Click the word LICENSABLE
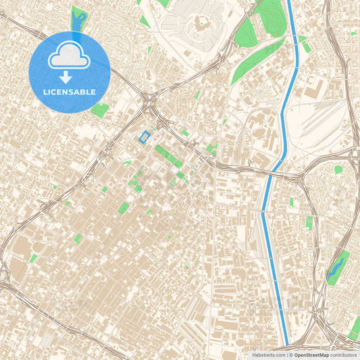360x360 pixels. coord(69,92)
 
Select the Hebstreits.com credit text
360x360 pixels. coord(268,355)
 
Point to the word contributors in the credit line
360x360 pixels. coord(344,355)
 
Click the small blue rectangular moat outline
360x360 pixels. coord(144,137)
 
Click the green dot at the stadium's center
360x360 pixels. coord(201,23)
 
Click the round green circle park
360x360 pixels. coord(338,170)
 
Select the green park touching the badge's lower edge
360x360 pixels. coord(100,110)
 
